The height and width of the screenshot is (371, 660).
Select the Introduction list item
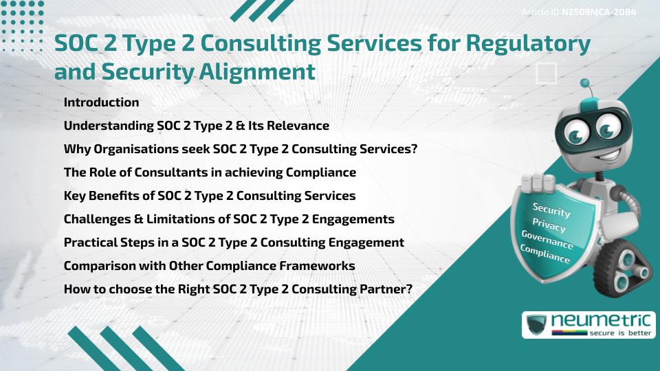pyautogui.click(x=101, y=102)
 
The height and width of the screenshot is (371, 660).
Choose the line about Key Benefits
pyautogui.click(x=209, y=196)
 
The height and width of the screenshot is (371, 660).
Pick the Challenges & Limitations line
pyautogui.click(x=228, y=219)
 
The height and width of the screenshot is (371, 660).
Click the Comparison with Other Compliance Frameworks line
pyautogui.click(x=209, y=265)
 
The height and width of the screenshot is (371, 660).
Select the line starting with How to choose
pyautogui.click(x=237, y=289)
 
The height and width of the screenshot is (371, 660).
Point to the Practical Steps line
pyautogui.click(x=233, y=243)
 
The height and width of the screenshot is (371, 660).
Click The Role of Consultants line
pyautogui.click(x=209, y=172)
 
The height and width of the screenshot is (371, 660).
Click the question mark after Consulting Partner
pyautogui.click(x=409, y=289)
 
